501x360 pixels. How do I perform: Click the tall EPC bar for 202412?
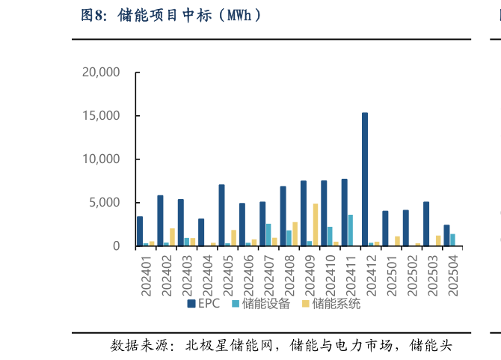[x=365, y=180]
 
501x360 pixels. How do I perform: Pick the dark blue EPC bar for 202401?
[x=140, y=231]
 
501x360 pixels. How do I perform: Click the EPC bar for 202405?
[x=221, y=216]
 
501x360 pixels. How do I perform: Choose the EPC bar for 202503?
[x=426, y=224]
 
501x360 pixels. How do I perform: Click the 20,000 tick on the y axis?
[x=100, y=73]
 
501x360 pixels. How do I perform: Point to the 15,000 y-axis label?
[x=100, y=116]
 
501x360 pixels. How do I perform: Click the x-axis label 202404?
[x=208, y=273]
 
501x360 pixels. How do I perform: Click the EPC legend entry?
[x=203, y=304]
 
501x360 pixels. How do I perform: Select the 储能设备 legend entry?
[x=261, y=304]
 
